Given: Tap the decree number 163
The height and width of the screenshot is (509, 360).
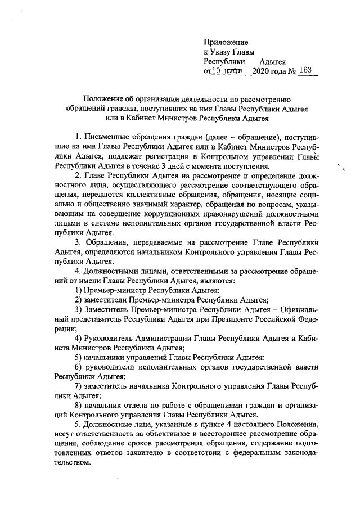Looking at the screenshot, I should click(x=306, y=71).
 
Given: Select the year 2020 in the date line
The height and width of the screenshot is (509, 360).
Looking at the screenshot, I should click(x=262, y=71).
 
